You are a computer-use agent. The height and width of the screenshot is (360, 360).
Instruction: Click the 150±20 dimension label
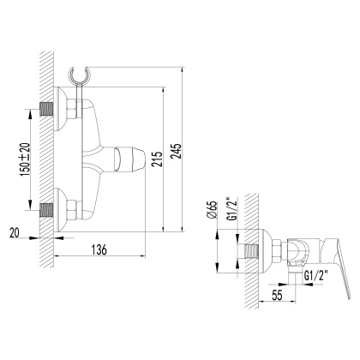click(27, 158)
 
